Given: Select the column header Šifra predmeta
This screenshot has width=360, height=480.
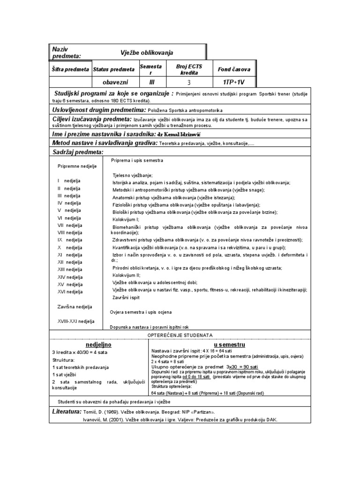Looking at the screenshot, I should (x=70, y=70).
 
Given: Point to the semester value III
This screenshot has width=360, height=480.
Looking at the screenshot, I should (x=151, y=82).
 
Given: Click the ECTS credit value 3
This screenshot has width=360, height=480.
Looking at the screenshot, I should (x=189, y=82).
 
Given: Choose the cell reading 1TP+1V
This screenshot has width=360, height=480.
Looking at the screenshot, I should (x=234, y=82).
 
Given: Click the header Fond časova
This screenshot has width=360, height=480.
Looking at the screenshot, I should (x=234, y=69).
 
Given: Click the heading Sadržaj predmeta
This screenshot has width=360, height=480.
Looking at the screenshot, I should (x=78, y=152).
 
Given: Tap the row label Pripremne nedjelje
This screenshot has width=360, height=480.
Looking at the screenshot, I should (x=77, y=166).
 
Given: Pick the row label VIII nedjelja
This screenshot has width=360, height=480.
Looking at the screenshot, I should (x=70, y=232).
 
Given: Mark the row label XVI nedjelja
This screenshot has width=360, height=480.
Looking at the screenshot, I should (x=70, y=292).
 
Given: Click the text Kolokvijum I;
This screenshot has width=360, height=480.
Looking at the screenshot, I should (x=126, y=219).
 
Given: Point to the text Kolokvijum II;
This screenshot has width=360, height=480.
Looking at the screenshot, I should (x=127, y=275).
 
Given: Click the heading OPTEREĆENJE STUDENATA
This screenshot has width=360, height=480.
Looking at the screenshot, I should (x=180, y=335).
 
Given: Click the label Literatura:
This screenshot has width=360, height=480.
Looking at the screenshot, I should (x=67, y=411).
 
